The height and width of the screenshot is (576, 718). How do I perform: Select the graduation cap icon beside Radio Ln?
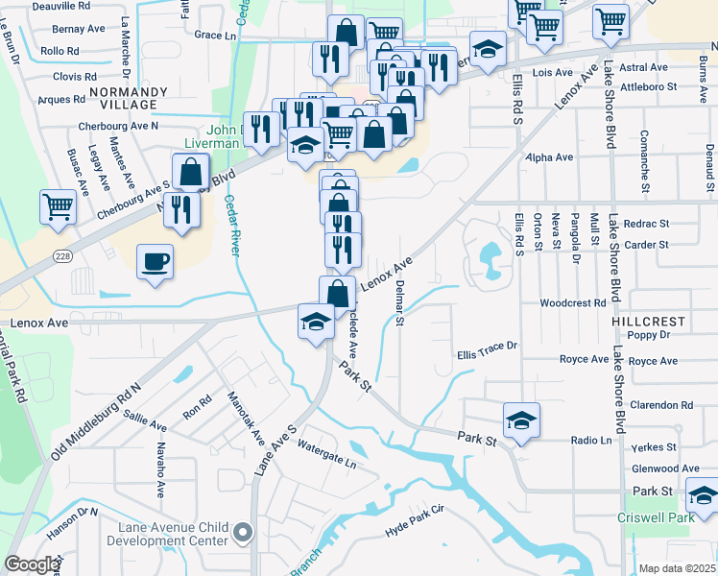[x=521, y=420]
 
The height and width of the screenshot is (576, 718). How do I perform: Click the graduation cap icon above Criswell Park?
[x=703, y=496]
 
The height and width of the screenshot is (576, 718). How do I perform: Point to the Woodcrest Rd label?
[x=574, y=302]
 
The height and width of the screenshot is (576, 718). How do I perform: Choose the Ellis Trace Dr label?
[x=487, y=346]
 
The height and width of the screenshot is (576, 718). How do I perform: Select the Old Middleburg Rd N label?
[x=96, y=420]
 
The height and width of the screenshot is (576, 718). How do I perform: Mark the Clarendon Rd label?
[x=660, y=405]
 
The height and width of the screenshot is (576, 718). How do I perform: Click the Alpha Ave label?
[x=549, y=156]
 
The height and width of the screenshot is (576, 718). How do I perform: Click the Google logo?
[x=32, y=564]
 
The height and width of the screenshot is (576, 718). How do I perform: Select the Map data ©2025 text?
[x=677, y=568]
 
